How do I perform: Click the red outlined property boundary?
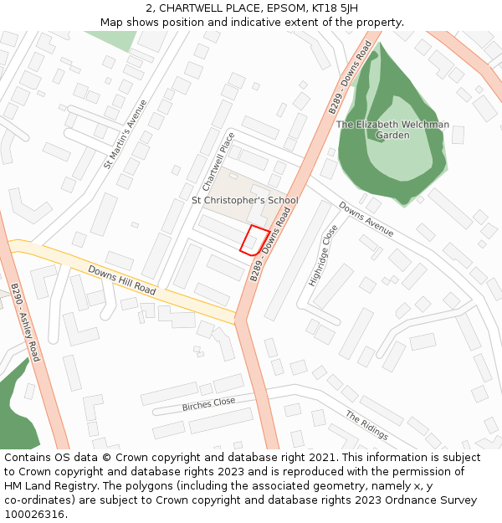(254, 240)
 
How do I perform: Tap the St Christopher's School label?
(244, 201)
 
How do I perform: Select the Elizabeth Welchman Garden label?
(392, 130)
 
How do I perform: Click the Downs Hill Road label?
(122, 281)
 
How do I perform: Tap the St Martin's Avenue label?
(125, 135)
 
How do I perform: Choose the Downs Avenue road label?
(366, 219)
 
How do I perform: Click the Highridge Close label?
(322, 255)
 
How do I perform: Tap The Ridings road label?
(366, 425)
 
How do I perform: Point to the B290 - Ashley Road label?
(25, 322)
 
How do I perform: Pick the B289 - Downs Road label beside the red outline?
(269, 245)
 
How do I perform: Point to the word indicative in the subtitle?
(272, 22)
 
